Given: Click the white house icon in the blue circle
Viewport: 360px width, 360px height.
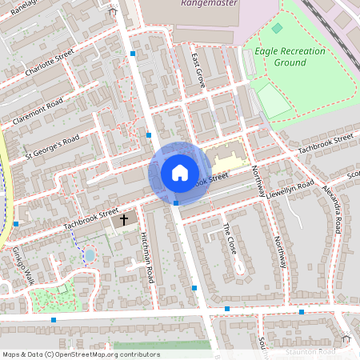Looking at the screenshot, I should tap(180, 173).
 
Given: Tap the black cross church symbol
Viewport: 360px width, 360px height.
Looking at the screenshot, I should tap(124, 218).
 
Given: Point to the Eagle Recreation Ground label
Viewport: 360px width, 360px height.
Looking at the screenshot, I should tap(290, 57).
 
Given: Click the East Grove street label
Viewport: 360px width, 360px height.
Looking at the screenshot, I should tap(198, 70).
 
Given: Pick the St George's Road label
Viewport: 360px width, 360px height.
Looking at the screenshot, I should tap(52, 144).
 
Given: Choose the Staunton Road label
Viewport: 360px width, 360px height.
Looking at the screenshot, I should tap(312, 352).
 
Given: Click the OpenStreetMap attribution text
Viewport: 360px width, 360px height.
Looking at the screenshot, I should tap(80, 354).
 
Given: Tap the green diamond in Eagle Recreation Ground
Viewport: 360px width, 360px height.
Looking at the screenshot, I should tap(277, 29).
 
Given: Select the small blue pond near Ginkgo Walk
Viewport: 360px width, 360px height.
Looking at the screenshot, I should tap(89, 255).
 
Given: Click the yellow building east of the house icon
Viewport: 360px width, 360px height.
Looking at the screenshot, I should tap(224, 156).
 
